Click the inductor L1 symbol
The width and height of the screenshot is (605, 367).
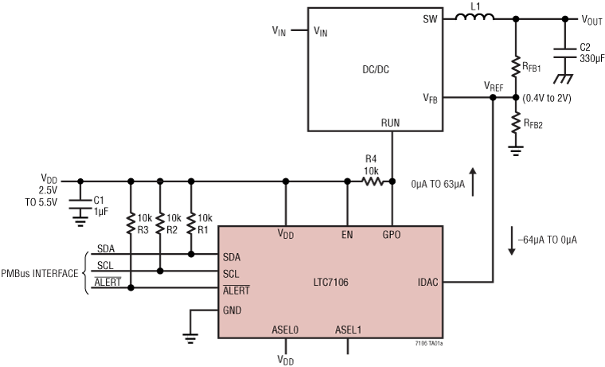474,18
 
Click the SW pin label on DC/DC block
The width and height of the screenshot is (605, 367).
430,19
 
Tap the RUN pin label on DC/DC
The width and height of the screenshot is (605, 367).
390,122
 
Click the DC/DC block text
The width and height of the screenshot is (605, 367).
374,69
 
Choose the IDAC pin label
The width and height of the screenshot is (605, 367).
427,281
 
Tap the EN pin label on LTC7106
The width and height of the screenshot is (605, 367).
347,235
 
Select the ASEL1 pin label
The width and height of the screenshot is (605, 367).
348,329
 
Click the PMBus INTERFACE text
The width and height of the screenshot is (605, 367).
39,273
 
